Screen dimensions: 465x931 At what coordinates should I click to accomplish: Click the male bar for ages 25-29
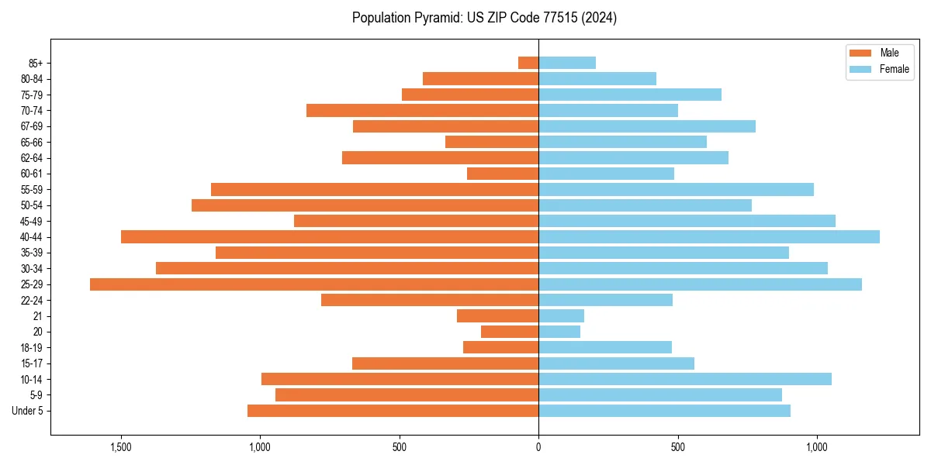pyautogui.click(x=314, y=284)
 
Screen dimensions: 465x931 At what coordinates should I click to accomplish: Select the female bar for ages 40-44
pyautogui.click(x=709, y=237)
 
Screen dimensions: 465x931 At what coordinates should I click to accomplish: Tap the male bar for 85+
pyautogui.click(x=528, y=63)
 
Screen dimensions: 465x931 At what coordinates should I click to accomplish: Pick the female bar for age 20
pyautogui.click(x=559, y=332)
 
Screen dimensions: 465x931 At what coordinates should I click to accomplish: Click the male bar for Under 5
pyautogui.click(x=393, y=411)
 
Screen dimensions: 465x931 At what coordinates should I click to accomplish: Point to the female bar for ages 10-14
pyautogui.click(x=685, y=379)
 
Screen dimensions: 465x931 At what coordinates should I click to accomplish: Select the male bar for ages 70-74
pyautogui.click(x=422, y=110)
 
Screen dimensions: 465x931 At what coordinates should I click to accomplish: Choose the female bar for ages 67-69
pyautogui.click(x=647, y=126)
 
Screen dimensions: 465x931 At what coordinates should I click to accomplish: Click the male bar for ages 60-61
pyautogui.click(x=503, y=174)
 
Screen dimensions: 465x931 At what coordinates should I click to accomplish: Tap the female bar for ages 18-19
pyautogui.click(x=605, y=347)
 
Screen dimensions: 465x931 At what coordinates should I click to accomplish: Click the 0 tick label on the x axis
pyautogui.click(x=538, y=448)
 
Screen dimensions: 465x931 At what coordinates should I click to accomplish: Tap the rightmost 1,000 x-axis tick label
pyautogui.click(x=816, y=448)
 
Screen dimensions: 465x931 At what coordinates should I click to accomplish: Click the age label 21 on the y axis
pyautogui.click(x=38, y=316)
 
